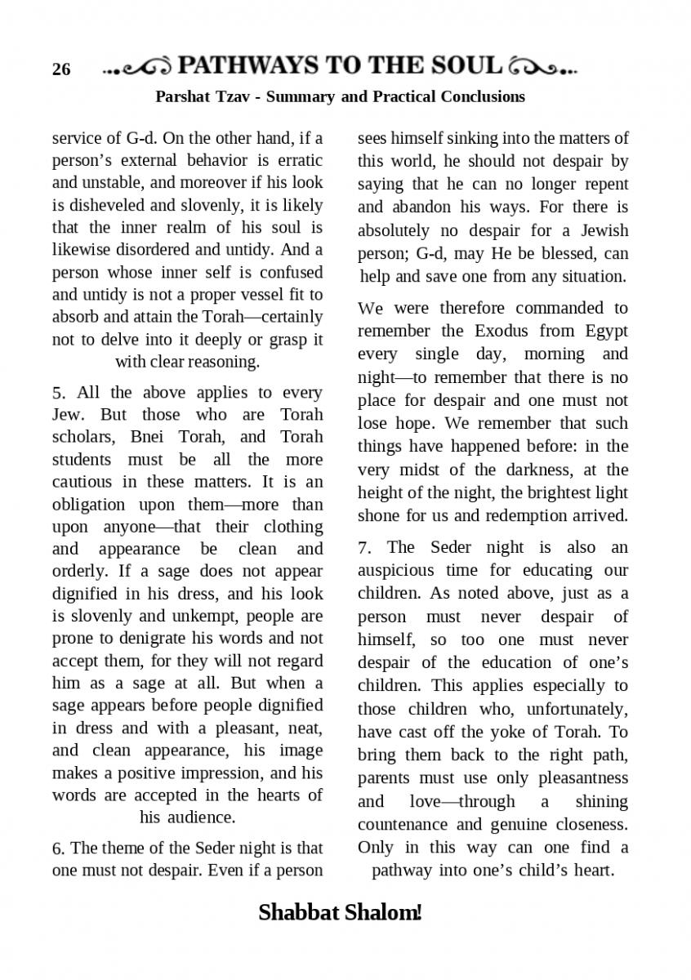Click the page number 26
pos(61,69)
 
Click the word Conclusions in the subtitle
pos(482,97)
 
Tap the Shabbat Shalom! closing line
pos(340,912)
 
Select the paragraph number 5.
pos(57,393)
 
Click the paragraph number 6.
pos(57,848)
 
